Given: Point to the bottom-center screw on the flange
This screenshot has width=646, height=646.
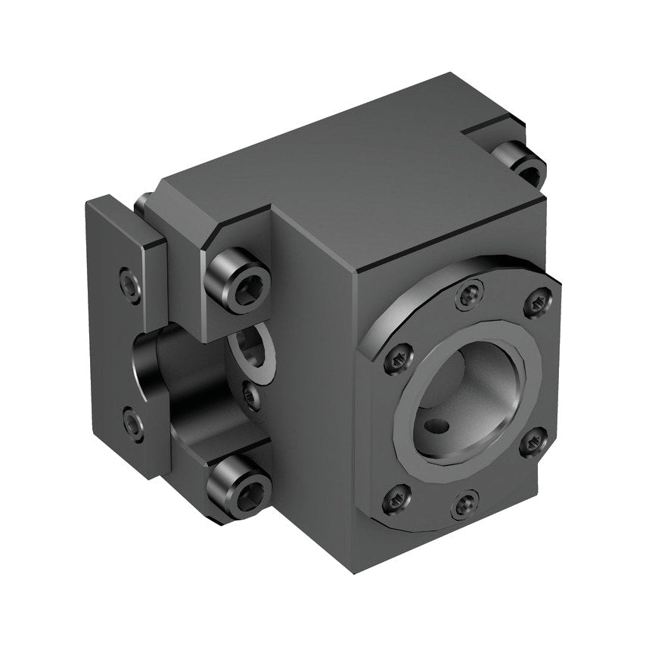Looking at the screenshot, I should point(464,505).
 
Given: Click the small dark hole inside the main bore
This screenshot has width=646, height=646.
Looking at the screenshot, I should point(436,429).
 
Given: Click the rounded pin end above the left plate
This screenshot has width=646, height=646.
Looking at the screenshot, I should point(141,203).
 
